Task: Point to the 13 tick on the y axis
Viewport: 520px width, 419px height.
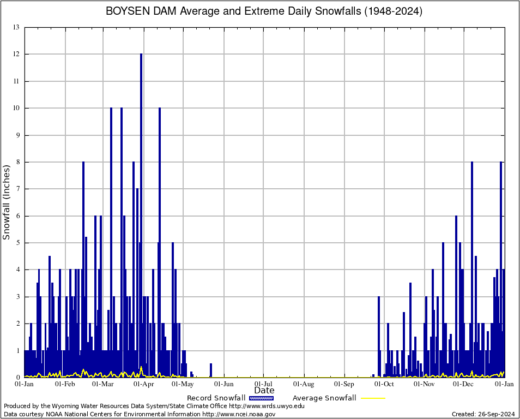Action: pos(16,27)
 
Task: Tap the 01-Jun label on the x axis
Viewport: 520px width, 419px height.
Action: pos(223,384)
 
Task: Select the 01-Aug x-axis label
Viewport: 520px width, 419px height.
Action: pos(304,384)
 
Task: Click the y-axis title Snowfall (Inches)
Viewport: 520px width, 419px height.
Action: pos(7,202)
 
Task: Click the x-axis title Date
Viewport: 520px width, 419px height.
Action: pos(264,391)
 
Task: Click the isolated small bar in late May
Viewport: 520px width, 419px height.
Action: pos(211,370)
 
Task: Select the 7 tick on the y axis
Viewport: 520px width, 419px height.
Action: pos(17,189)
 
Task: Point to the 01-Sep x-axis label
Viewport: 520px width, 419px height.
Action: pos(344,384)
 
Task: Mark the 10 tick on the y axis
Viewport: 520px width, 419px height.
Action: pos(16,108)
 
